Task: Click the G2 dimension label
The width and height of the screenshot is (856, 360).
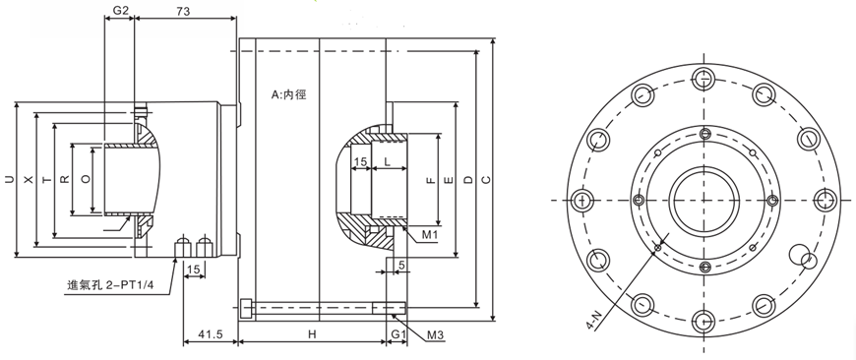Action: coord(120,11)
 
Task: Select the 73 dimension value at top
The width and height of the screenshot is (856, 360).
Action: coord(184,11)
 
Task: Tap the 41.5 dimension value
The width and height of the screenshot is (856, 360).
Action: coord(211,334)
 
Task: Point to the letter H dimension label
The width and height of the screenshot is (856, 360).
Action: coord(312,334)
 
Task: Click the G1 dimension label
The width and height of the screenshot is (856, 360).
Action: coord(397,334)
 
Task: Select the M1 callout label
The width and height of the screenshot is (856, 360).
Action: coord(431,234)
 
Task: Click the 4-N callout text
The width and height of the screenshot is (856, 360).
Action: coord(594,318)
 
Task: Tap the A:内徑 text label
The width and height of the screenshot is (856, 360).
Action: coord(289,94)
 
